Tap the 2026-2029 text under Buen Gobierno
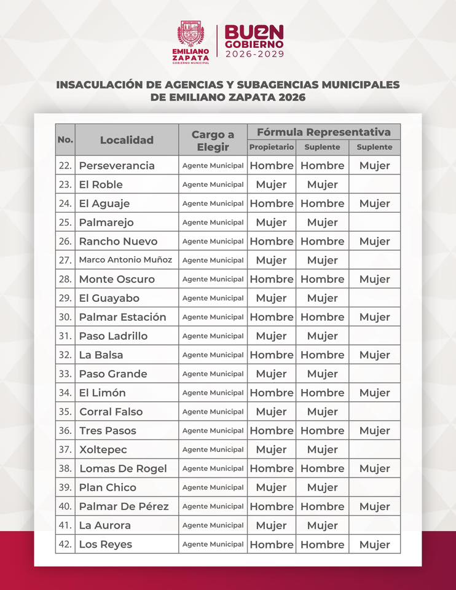[254, 54]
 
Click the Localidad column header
[127, 140]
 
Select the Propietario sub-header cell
[272, 147]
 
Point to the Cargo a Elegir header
[213, 141]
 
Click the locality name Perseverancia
[117, 165]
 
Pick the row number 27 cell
[65, 260]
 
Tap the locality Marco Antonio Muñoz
[125, 260]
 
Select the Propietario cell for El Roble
[272, 184]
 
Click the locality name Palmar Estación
[122, 317]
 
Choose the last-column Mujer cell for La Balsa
[375, 355]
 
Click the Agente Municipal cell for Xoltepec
[213, 450]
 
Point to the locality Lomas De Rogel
[123, 468]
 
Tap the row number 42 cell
[65, 545]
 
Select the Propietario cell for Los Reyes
[272, 545]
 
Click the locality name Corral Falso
[111, 412]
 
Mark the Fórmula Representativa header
[323, 132]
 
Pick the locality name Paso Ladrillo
[113, 336]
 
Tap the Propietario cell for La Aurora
[272, 525]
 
